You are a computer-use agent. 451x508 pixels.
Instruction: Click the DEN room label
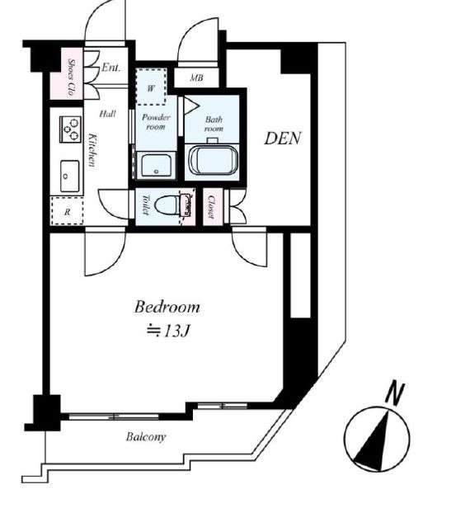[x=283, y=139]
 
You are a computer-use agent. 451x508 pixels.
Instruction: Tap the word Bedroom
[x=167, y=307]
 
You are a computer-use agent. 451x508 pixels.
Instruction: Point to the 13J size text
[x=176, y=332]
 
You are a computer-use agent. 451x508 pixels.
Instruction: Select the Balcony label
[x=146, y=437]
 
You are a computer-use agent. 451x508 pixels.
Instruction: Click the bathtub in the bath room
[x=213, y=160]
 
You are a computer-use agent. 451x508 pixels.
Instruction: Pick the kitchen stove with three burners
[x=70, y=129]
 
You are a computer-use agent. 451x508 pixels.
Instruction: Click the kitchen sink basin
[x=69, y=176]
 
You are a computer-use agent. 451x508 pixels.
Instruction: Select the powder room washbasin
[x=157, y=165]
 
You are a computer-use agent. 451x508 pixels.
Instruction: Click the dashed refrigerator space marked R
[x=67, y=210]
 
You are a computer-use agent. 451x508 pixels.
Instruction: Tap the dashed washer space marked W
[x=151, y=87]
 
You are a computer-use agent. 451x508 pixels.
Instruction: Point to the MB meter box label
[x=197, y=78]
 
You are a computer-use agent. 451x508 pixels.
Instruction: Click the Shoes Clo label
[x=73, y=78]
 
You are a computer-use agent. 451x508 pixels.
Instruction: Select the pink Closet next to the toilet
[x=213, y=207]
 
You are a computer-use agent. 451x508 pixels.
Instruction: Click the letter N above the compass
[x=395, y=393]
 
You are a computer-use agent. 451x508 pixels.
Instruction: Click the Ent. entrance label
[x=110, y=68]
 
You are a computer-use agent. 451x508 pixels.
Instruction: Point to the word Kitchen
[x=92, y=150]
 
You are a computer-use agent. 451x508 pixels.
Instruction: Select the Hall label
[x=107, y=114]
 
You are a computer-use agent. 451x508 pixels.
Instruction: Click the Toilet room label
[x=145, y=205]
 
